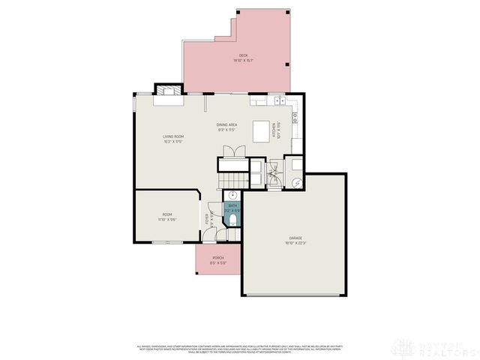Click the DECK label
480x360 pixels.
click(243, 55)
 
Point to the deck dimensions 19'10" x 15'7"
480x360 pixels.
click(243, 61)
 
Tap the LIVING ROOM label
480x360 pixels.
click(173, 136)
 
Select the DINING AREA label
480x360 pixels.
click(226, 124)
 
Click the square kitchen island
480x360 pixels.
click(261, 131)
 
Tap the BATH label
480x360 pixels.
click(232, 205)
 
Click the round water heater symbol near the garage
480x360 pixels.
click(296, 182)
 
